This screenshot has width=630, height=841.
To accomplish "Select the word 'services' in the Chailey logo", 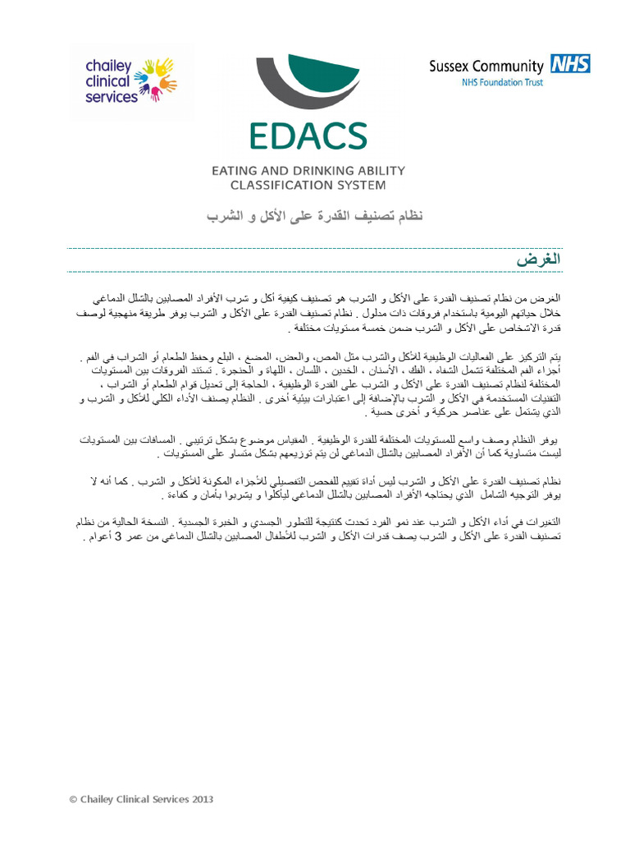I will click(112, 97).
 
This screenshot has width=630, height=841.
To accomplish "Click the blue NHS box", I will click(570, 65).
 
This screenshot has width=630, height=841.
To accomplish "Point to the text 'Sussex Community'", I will click(486, 67).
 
